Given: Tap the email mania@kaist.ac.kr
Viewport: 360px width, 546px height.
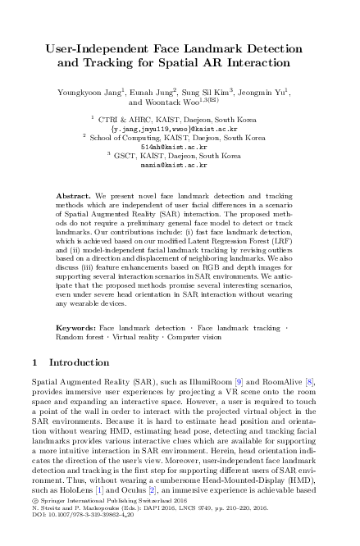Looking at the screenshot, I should [x=179, y=164].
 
